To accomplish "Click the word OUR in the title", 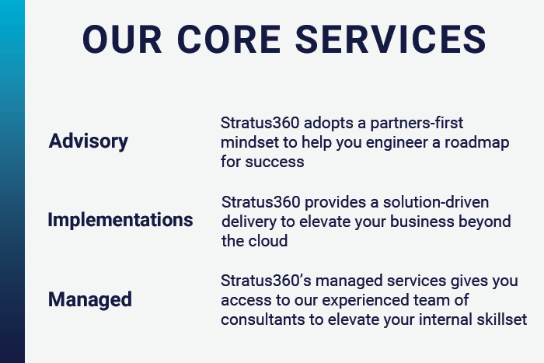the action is tap(122, 40).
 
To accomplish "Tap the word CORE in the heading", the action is tap(229, 40).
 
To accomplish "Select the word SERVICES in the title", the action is tap(391, 40).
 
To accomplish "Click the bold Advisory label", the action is tap(89, 141).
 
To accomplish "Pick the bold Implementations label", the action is tap(120, 220).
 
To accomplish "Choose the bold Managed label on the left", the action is tap(90, 299).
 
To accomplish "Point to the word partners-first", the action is tap(417, 123).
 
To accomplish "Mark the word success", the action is tap(274, 162).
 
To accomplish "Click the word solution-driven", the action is tap(436, 202).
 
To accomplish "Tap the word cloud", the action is tap(267, 241).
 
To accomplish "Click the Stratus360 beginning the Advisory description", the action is tap(260, 123).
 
